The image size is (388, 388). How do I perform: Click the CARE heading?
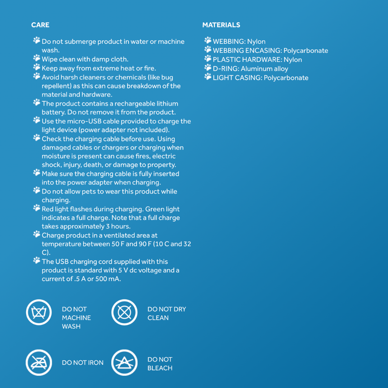click(x=40, y=25)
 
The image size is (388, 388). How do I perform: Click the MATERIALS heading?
click(x=221, y=25)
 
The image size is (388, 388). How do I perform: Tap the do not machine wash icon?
click(x=39, y=312)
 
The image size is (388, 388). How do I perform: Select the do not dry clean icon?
click(x=124, y=312)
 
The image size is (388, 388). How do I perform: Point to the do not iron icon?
click(x=39, y=362)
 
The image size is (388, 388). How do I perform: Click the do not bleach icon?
click(x=124, y=362)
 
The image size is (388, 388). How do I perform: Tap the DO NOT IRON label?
click(x=83, y=362)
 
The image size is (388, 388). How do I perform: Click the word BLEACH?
click(x=160, y=368)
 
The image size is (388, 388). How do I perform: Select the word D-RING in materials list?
click(x=226, y=69)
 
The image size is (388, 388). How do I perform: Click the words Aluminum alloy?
click(x=264, y=69)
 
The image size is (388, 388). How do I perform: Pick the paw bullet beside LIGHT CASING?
click(x=208, y=77)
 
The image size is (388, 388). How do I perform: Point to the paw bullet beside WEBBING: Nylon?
click(x=208, y=40)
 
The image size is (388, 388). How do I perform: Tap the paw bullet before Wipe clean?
click(x=37, y=58)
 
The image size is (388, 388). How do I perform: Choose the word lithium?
click(x=167, y=103)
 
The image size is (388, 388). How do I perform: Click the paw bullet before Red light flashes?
click(x=37, y=208)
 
